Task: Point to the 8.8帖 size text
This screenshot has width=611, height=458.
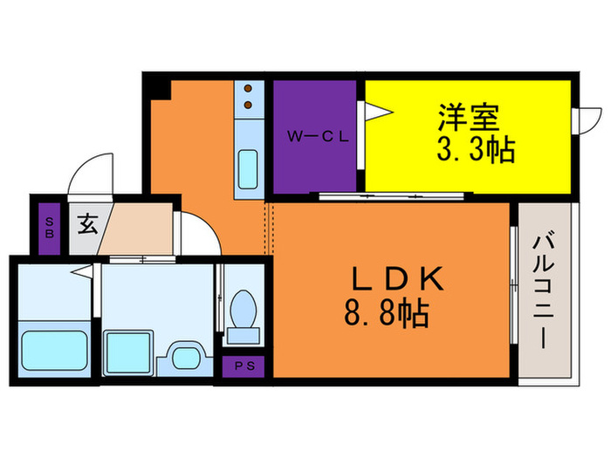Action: click(386, 312)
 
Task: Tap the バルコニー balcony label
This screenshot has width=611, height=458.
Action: click(544, 289)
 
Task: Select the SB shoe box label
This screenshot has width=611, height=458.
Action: click(49, 227)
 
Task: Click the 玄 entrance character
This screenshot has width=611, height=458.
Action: click(87, 224)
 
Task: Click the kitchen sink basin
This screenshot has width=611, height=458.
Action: click(248, 165)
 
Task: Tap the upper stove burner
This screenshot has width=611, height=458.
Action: click(248, 89)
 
